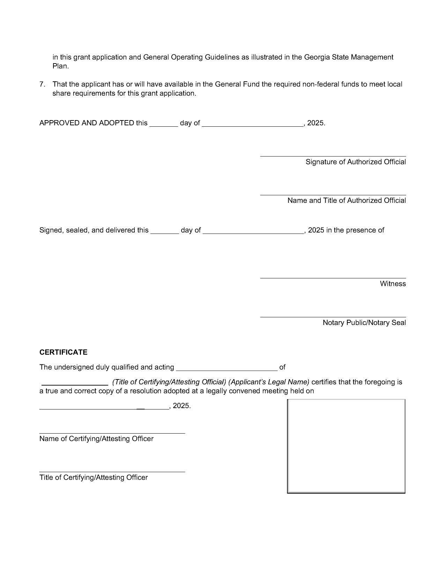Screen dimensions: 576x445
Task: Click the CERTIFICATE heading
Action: [x=63, y=352]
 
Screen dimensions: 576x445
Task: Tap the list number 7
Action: [x=42, y=84]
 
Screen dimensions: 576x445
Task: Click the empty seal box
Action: [x=346, y=446]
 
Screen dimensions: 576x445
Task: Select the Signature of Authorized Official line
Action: [x=333, y=156]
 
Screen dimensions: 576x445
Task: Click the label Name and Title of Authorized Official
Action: [x=346, y=200]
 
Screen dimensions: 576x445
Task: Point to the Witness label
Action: [x=393, y=284]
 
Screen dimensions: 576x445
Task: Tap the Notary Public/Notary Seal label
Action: [x=364, y=323]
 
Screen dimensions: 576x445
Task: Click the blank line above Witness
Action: [x=333, y=278]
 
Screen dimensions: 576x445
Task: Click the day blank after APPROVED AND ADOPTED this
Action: [x=164, y=125]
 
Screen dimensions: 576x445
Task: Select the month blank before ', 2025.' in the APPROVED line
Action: [x=253, y=125]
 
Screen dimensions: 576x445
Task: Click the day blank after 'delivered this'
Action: [x=164, y=232]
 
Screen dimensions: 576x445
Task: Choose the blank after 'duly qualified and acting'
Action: [x=227, y=369]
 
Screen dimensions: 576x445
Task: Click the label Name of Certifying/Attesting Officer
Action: [x=96, y=439]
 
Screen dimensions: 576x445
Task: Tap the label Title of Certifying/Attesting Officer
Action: [x=94, y=478]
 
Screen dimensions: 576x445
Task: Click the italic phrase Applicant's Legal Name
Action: [x=269, y=382]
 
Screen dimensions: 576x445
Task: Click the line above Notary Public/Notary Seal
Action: [x=333, y=317]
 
